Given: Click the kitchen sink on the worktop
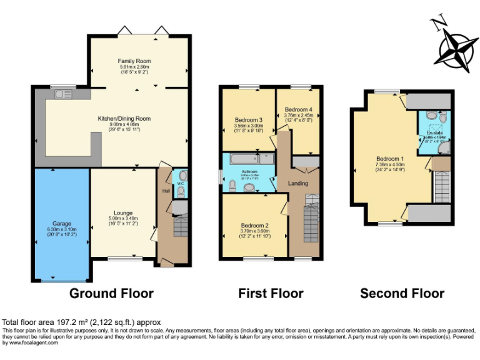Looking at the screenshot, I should point(62,94).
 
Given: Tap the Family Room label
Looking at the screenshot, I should point(135,61).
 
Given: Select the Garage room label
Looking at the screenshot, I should point(61,223).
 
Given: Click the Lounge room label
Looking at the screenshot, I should point(122,212).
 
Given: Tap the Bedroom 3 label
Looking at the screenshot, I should point(248,120).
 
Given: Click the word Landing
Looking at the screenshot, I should point(297,182).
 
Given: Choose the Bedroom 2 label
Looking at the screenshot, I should point(254,226).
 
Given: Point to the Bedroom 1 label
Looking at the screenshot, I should point(391,158).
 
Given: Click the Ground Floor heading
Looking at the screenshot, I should point(111,293).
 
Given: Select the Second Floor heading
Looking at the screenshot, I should point(402,293).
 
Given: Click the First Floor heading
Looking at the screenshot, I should point(271,293).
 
